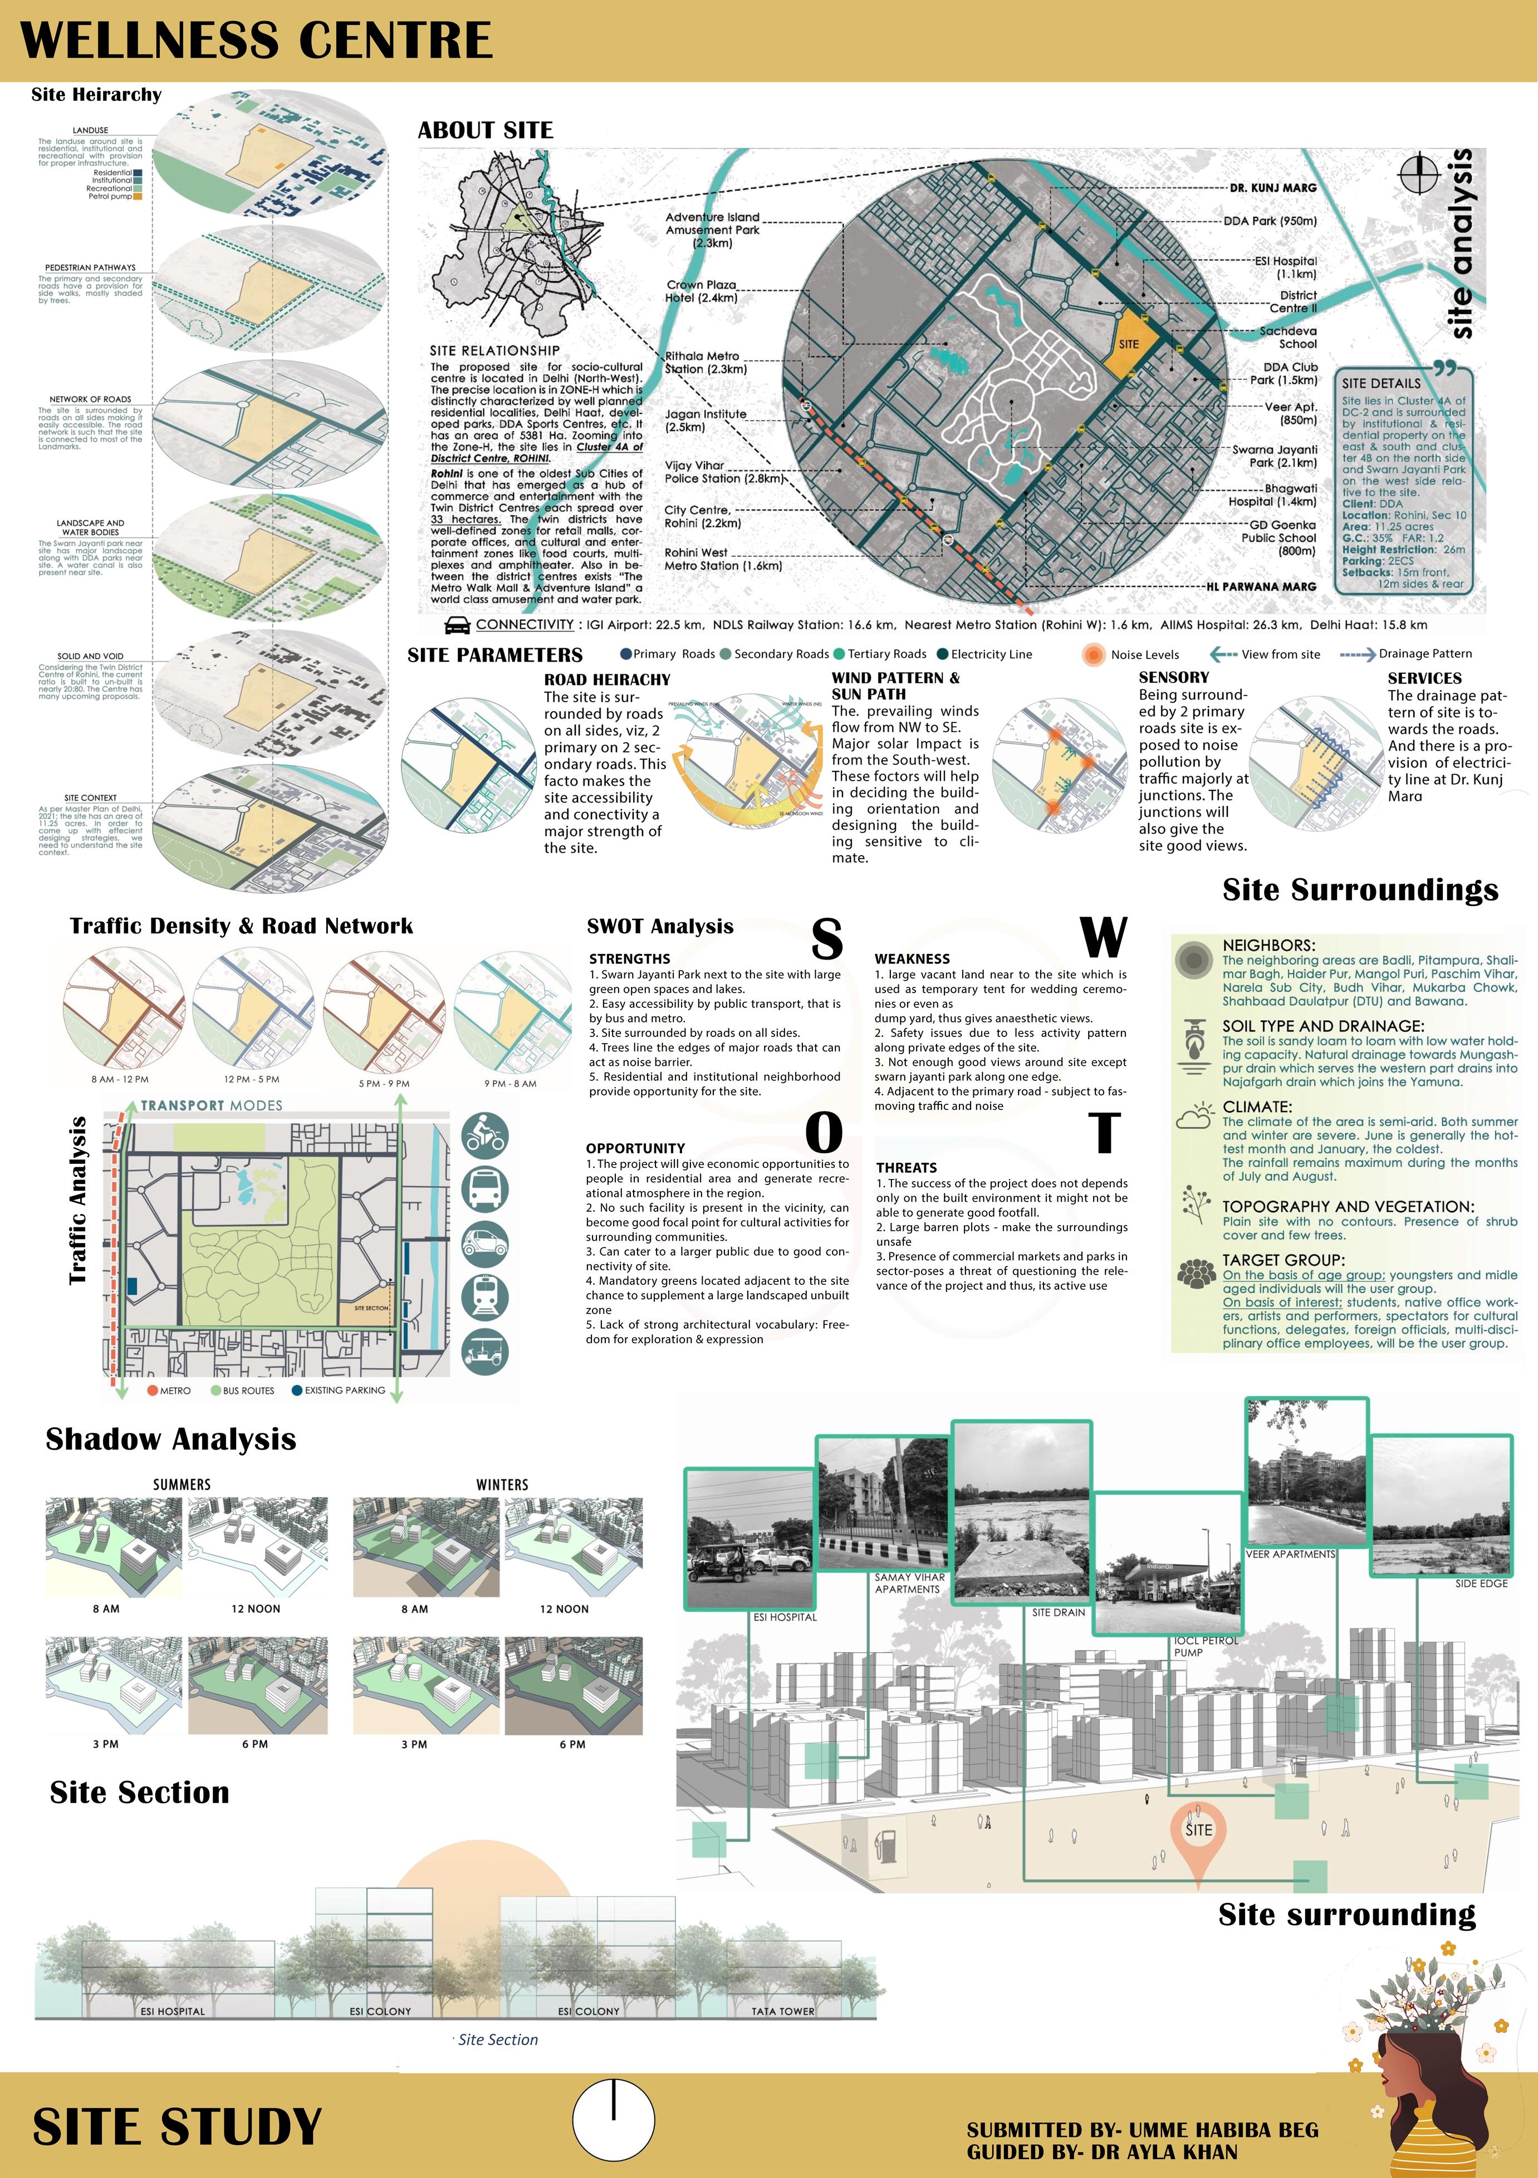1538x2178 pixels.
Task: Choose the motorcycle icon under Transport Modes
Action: coord(486,1134)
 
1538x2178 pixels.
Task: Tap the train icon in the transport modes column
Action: coord(486,1297)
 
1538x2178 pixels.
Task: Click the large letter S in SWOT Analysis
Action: coord(826,938)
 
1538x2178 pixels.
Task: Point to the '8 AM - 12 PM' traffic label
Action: coord(120,1079)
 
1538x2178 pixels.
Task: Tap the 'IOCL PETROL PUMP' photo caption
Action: coord(1205,1646)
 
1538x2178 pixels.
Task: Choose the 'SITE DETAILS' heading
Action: coord(1380,383)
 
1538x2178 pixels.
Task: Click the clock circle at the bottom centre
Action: coord(614,2119)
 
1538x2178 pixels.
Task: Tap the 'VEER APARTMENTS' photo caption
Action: coord(1290,1554)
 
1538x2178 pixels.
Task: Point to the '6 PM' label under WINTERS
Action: coord(572,1744)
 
